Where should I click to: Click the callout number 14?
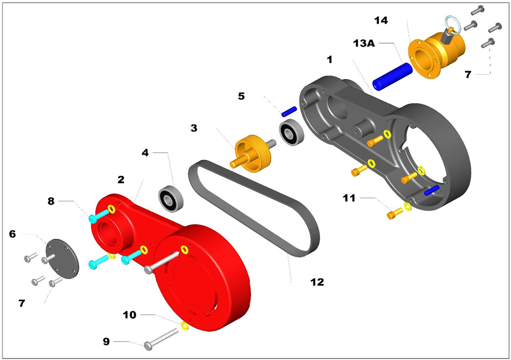pos(381,21)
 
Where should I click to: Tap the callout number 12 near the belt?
pos(316,282)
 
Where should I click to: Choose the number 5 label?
pos(241,96)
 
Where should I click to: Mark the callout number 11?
pos(348,198)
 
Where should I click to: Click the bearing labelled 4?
pos(170,198)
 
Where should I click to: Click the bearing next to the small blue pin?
pos(292,133)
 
